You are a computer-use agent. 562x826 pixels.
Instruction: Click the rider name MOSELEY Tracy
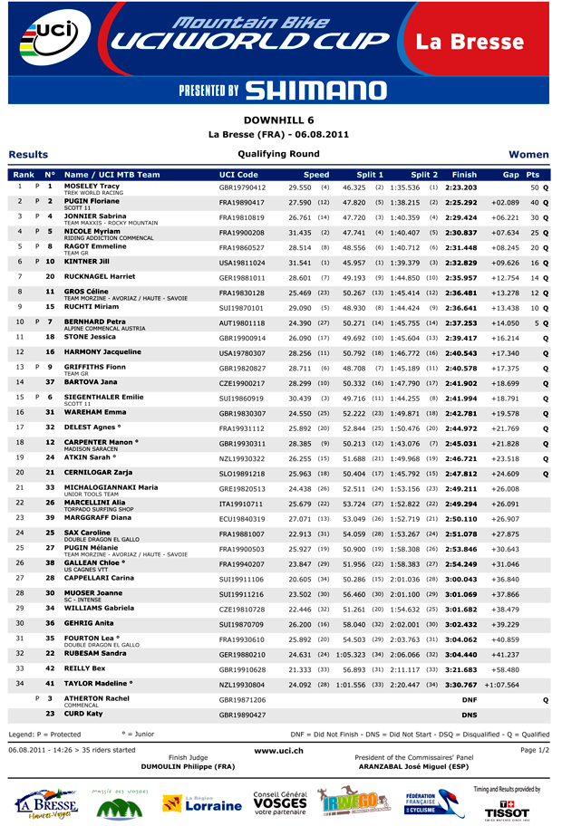[92, 186]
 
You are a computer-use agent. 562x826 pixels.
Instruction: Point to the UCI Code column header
[239, 174]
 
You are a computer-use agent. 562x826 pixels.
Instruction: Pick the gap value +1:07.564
[500, 685]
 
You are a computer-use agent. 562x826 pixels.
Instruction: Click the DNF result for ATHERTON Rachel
[469, 700]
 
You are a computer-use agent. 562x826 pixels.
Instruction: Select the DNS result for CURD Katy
[469, 715]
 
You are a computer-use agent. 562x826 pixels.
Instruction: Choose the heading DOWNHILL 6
[279, 120]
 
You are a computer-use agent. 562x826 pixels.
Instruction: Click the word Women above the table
[528, 155]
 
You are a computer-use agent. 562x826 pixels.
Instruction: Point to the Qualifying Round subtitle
[279, 154]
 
